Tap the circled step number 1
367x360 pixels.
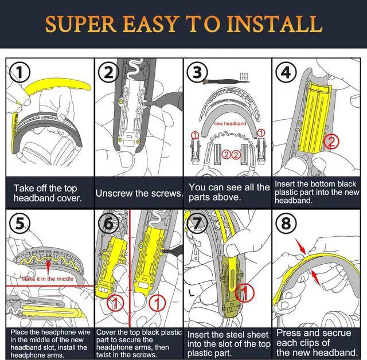click(x=21, y=73)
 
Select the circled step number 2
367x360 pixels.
click(x=109, y=73)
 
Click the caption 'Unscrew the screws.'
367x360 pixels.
click(x=139, y=193)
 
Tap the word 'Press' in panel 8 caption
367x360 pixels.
click(x=290, y=333)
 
